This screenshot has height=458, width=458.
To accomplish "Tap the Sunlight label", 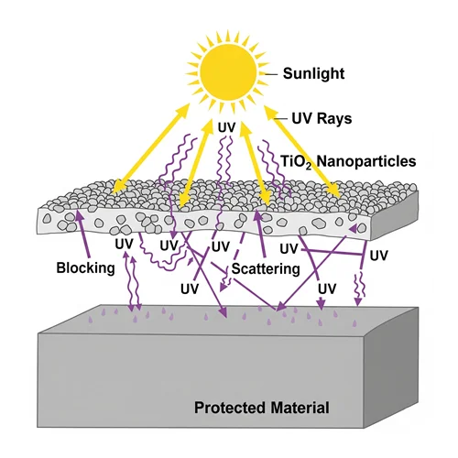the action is (313, 74).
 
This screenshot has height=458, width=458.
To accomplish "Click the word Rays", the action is (334, 118).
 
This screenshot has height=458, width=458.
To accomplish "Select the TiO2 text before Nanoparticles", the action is (296, 161).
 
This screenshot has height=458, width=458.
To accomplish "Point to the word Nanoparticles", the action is (366, 161).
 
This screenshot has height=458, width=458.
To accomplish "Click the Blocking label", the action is (85, 267).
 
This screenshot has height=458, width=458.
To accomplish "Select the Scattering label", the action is (266, 268).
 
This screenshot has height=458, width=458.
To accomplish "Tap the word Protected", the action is (230, 408).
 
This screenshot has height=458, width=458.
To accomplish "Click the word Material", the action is (300, 408).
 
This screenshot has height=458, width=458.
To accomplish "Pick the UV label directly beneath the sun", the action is (226, 127).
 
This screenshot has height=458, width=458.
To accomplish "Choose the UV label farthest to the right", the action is (378, 256).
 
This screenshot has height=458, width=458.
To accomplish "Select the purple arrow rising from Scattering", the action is (260, 234).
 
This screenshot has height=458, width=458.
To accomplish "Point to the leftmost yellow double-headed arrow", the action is (151, 148).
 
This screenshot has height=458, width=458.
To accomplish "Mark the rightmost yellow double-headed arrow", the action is (302, 151).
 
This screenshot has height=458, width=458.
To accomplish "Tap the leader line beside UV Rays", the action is (280, 118).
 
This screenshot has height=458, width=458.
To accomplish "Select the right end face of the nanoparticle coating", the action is (394, 216).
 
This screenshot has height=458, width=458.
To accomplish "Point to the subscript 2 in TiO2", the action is (309, 167).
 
